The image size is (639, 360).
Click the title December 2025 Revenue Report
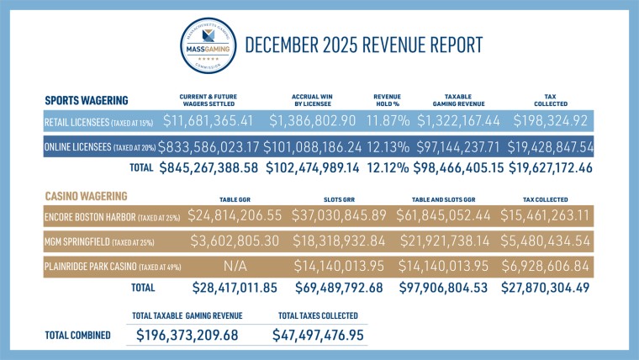tap(363, 45)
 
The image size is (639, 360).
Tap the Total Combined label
tap(77, 335)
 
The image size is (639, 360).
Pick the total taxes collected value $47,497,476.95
tap(320, 335)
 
